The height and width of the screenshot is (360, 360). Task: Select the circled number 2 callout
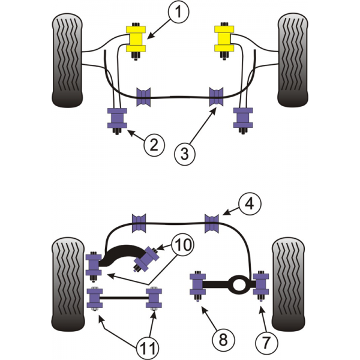point(154,144)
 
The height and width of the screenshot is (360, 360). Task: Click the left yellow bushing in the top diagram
point(136,39)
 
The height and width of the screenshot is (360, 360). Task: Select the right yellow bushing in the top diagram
point(225,39)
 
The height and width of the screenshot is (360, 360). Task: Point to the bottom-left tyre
point(67,283)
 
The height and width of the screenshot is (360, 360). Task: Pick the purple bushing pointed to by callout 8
point(196,286)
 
